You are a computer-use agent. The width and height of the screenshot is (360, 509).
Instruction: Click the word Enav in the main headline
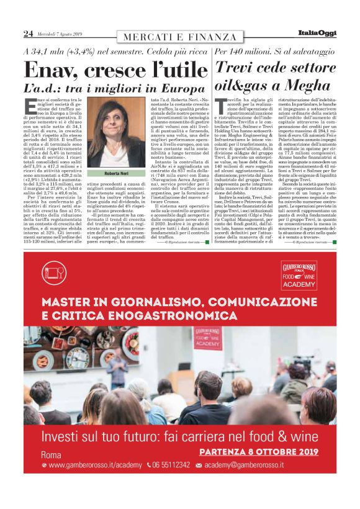(52, 70)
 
